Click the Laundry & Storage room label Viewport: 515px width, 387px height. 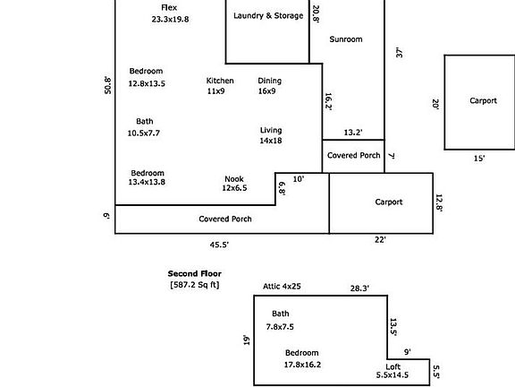pyautogui.click(x=268, y=16)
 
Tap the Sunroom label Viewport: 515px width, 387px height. pyautogui.click(x=346, y=39)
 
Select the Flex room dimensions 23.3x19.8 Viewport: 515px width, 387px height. pyautogui.click(x=170, y=20)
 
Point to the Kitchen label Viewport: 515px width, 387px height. pyautogui.click(x=220, y=81)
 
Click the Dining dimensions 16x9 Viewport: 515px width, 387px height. pyautogui.click(x=266, y=91)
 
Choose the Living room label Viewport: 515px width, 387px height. pyautogui.click(x=271, y=130)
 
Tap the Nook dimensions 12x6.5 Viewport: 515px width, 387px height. pyautogui.click(x=234, y=188)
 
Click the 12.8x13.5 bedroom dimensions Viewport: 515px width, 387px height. pyautogui.click(x=147, y=83)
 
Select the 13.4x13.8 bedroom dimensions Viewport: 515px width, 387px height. pyautogui.click(x=147, y=182)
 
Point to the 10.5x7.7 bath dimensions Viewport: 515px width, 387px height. pyautogui.click(x=144, y=133)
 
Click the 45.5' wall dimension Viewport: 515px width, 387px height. pyautogui.click(x=219, y=245)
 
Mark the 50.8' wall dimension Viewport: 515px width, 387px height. pyautogui.click(x=107, y=85)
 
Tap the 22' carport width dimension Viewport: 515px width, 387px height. pyautogui.click(x=380, y=239)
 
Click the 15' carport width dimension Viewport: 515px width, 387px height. pyautogui.click(x=479, y=159)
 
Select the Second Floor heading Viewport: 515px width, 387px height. pyautogui.click(x=194, y=273)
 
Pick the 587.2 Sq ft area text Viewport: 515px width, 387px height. pyautogui.click(x=194, y=285)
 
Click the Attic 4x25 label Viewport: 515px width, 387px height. pyautogui.click(x=282, y=287)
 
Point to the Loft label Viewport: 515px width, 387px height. pyautogui.click(x=393, y=366)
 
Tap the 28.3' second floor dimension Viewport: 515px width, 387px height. pyautogui.click(x=359, y=288)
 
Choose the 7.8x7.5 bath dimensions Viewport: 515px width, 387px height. pyautogui.click(x=280, y=327)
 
